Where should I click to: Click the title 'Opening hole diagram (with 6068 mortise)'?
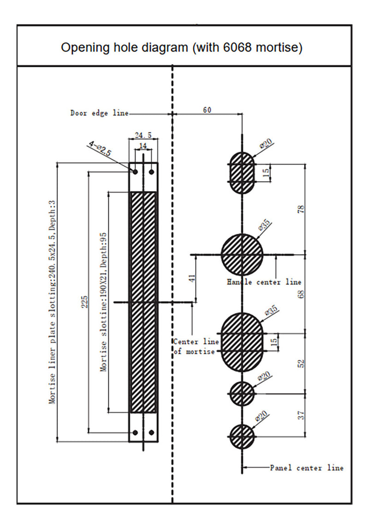coord(182,47)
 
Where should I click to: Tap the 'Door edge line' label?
coord(99,113)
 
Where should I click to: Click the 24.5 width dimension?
coord(143,135)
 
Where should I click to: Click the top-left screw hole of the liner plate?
coord(135,171)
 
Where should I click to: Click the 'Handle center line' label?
coord(264,282)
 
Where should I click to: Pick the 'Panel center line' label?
coord(307,468)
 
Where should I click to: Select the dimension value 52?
coord(301,363)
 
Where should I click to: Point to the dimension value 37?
coord(301,415)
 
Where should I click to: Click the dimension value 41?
coord(192,278)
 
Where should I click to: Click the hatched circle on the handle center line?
coord(242,254)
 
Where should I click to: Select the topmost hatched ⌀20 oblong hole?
coord(242,172)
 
